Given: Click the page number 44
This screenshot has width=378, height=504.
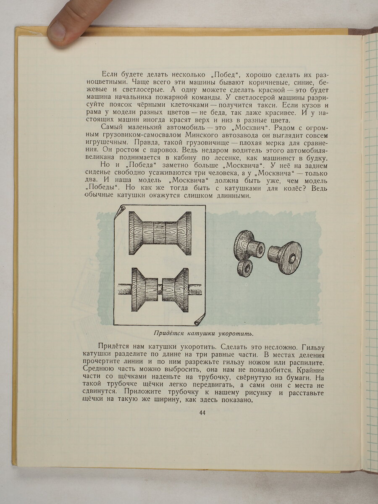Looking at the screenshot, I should (x=202, y=413).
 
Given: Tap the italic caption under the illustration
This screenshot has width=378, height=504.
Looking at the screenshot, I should (x=204, y=334).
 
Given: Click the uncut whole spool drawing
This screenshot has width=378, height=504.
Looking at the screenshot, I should (x=160, y=233).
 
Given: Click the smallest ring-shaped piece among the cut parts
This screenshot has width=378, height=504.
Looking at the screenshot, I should (x=245, y=268).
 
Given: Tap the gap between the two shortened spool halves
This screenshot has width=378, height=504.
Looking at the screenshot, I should (x=160, y=289).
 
